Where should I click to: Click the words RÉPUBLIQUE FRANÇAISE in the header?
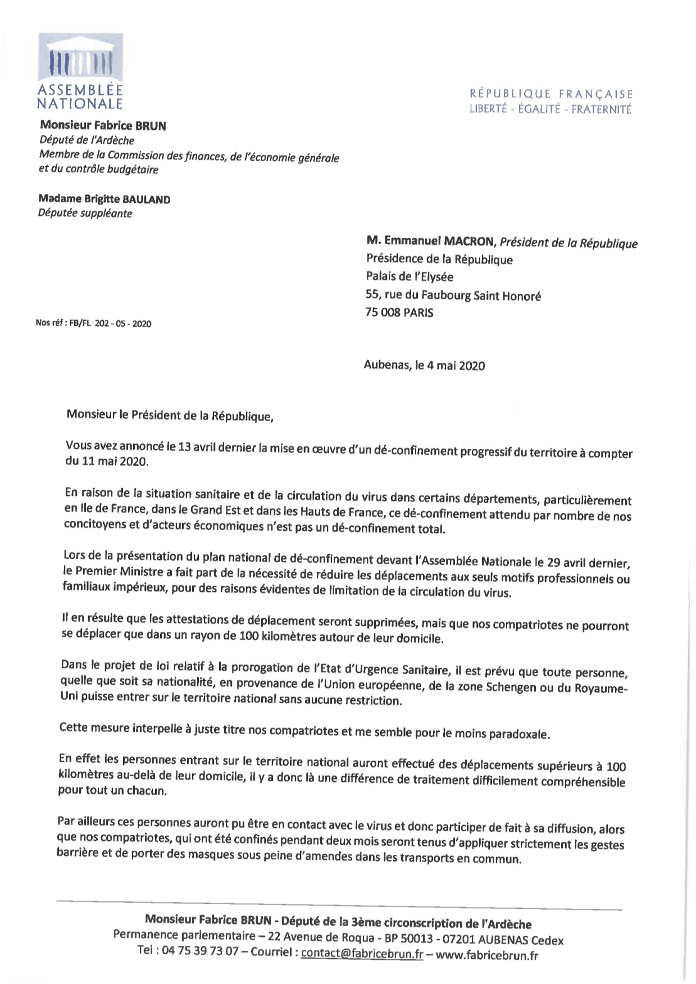tap(551, 94)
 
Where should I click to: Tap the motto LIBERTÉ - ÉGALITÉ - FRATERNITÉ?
tap(551, 109)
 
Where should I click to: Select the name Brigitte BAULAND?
tap(104, 199)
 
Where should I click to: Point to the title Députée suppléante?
tap(85, 213)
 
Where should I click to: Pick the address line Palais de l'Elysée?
tap(410, 276)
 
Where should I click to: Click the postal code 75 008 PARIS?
tap(399, 312)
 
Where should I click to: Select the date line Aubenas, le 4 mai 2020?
tap(424, 366)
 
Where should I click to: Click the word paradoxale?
tap(517, 734)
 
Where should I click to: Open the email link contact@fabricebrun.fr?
tap(362, 953)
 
